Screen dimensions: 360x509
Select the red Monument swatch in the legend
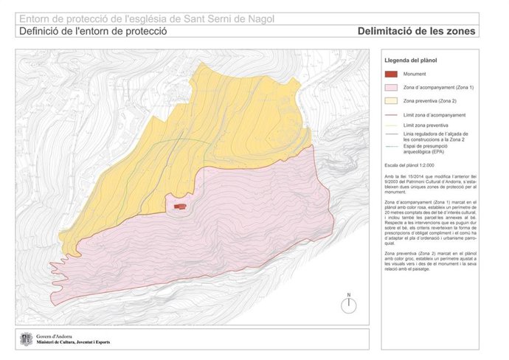click(x=391, y=74)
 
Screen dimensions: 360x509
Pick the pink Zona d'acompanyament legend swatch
click(x=391, y=87)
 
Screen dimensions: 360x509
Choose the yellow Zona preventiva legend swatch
click(x=391, y=100)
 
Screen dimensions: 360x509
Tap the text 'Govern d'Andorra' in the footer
click(x=55, y=336)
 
